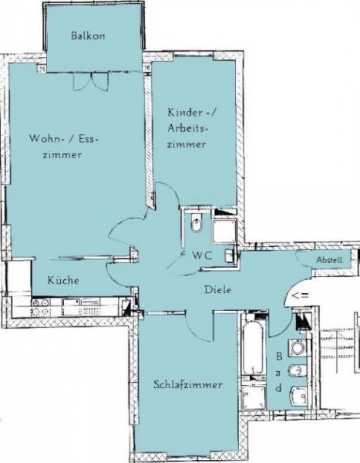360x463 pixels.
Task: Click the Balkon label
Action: (87, 35)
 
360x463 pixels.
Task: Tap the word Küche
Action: (62, 281)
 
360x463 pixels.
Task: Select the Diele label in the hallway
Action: (218, 290)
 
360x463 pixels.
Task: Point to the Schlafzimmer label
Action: (187, 384)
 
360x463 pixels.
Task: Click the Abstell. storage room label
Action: (331, 261)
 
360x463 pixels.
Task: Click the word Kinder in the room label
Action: (182, 113)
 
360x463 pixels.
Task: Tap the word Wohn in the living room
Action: (42, 139)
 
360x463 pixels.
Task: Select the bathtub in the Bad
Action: (252, 347)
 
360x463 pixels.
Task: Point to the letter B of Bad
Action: (278, 357)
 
